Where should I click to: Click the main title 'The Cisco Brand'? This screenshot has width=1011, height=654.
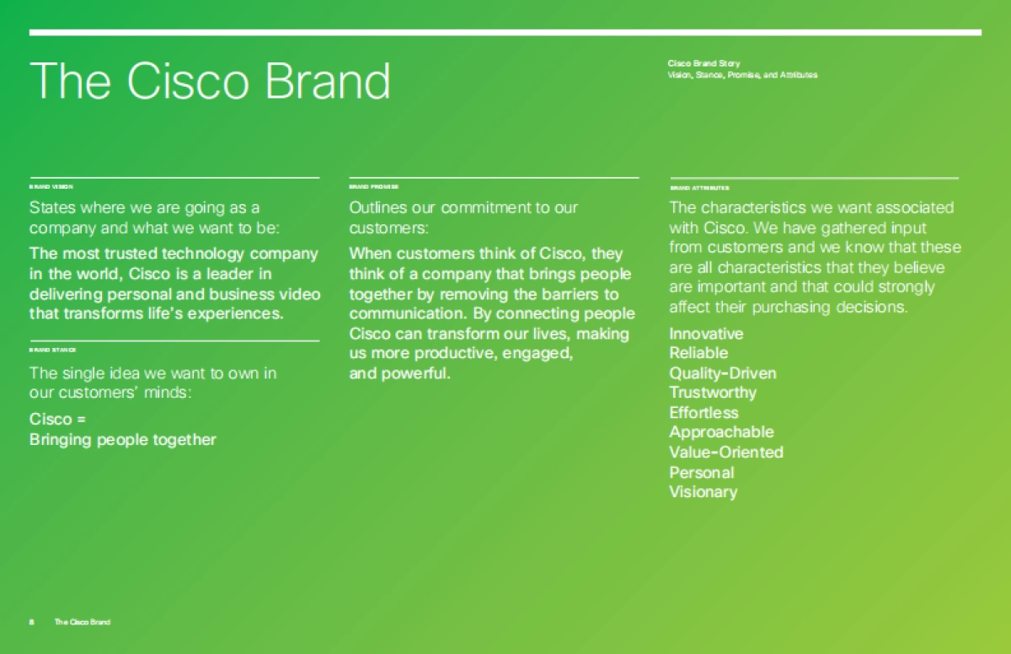click(210, 81)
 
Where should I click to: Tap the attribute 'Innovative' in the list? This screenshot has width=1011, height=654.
click(706, 334)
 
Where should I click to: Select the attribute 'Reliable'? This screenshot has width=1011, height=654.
click(698, 353)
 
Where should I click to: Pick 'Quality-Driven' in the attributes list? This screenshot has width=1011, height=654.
click(723, 373)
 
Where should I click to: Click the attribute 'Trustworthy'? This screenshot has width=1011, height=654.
click(713, 393)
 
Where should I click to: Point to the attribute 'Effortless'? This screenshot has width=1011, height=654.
click(703, 413)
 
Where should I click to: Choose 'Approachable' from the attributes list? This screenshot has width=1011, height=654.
click(721, 432)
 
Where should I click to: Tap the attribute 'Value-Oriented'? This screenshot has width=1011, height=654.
click(726, 453)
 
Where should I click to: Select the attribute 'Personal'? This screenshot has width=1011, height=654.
click(701, 473)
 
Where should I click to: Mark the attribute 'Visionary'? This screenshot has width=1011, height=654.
click(703, 492)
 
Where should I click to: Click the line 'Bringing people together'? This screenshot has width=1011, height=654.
click(123, 440)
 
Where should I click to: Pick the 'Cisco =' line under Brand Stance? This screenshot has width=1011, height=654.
click(58, 419)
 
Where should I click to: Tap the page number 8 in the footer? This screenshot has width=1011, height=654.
click(31, 622)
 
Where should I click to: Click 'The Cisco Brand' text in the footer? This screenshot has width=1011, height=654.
click(82, 622)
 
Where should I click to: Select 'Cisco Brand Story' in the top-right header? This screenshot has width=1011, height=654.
click(703, 63)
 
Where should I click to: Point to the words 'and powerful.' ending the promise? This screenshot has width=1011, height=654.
click(400, 373)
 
